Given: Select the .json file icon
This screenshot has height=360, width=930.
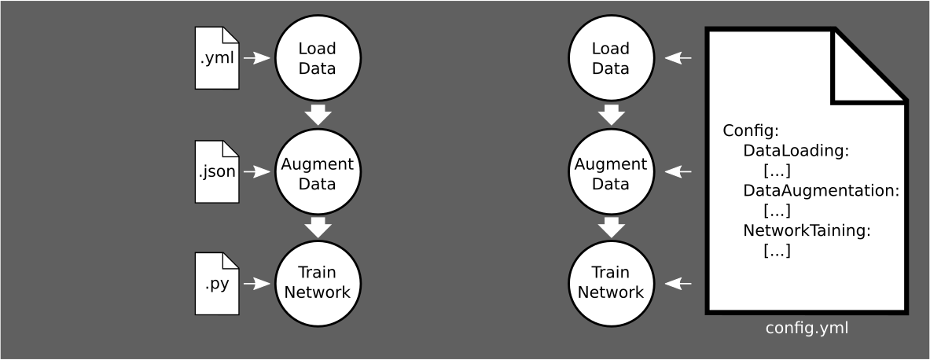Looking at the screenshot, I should point(217,170).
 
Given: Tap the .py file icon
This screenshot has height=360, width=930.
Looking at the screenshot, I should point(217,283).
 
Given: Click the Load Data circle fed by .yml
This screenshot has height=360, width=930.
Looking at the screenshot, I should point(317,58).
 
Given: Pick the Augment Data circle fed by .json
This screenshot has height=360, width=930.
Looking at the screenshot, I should point(317,173).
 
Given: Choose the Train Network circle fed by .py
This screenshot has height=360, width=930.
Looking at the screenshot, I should point(317,283).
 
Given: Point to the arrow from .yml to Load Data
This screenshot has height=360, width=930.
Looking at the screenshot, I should point(256,58).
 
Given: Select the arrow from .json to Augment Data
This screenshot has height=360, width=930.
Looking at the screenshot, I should point(256,171).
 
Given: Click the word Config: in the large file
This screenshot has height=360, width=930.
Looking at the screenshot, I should point(750,130).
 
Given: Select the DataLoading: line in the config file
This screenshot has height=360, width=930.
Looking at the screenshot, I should point(796,150).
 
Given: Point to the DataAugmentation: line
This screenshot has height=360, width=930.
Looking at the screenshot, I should point(821,191).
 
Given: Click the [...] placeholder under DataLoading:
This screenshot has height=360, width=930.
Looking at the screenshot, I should point(777,171).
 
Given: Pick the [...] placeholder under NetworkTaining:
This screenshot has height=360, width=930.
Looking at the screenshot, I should point(777,252).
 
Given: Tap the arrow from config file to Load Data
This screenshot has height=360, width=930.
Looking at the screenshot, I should point(678,57).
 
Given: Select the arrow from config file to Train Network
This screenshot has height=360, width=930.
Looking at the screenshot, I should point(678,283).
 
